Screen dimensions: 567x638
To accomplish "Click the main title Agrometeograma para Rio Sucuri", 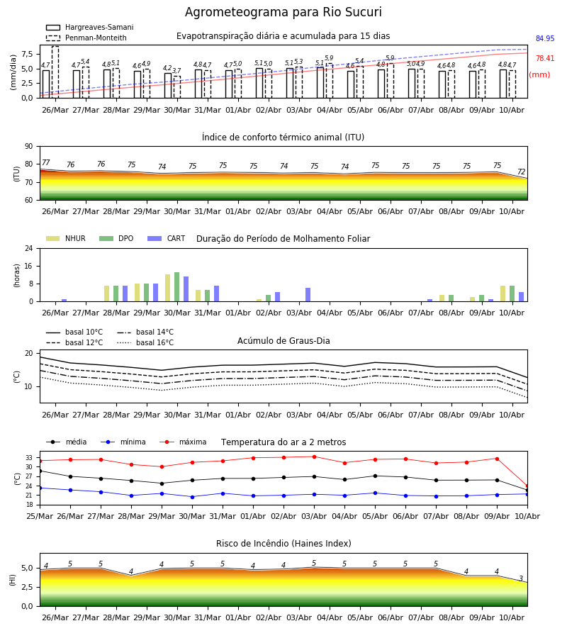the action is (283, 12).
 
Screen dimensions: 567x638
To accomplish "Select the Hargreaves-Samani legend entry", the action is (89, 27).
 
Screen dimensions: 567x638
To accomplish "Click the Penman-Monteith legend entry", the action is (86, 38).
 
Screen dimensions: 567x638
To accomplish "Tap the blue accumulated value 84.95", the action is (545, 39).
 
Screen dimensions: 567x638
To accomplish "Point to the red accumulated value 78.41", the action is (545, 59).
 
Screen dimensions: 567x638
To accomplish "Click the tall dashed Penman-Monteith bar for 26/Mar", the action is (55, 72).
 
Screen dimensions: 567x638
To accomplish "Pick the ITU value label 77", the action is (46, 163).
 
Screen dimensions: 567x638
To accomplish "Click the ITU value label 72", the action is (521, 172).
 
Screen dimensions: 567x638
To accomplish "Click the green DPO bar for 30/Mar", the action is (177, 287).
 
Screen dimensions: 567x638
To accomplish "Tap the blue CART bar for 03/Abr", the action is (308, 295).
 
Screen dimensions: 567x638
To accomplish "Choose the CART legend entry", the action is (167, 238).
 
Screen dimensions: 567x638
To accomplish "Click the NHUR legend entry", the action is (66, 238).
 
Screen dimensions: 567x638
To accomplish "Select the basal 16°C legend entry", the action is (145, 342).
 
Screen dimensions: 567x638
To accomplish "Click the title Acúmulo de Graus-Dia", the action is (283, 341).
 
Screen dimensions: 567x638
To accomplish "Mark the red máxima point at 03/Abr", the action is (315, 457).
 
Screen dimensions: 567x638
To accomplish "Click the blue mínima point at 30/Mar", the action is (192, 497).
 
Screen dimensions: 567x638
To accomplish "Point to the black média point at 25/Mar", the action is (40, 471).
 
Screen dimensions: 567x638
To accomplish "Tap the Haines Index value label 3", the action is (521, 578).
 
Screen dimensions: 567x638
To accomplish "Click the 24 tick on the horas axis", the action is (29, 248).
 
